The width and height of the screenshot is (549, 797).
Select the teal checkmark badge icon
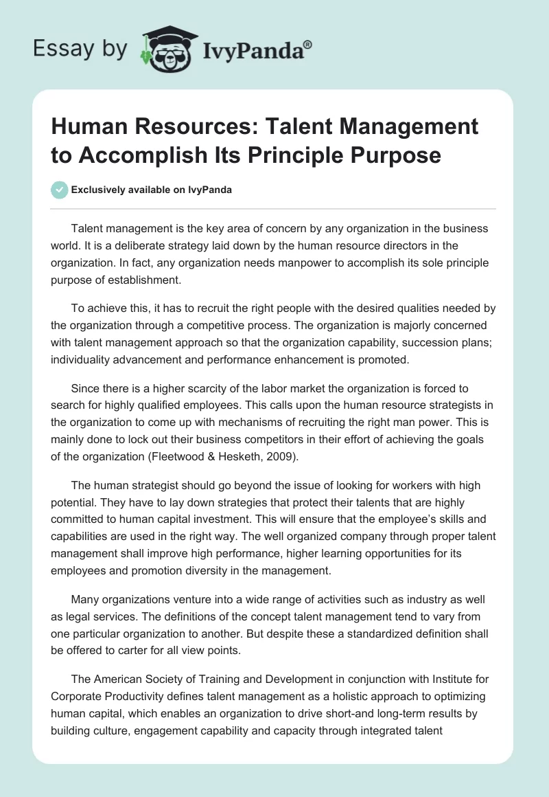click(60, 190)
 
